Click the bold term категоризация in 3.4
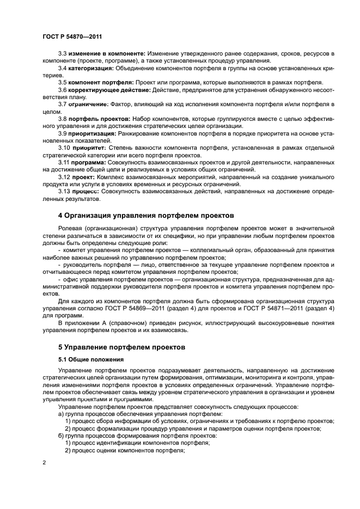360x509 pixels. pyautogui.click(x=91, y=68)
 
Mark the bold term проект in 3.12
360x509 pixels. pyautogui.click(x=81, y=177)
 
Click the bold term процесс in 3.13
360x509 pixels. pyautogui.click(x=83, y=192)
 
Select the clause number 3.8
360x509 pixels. pyautogui.click(x=63, y=118)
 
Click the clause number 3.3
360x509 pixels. pyautogui.click(x=63, y=54)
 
